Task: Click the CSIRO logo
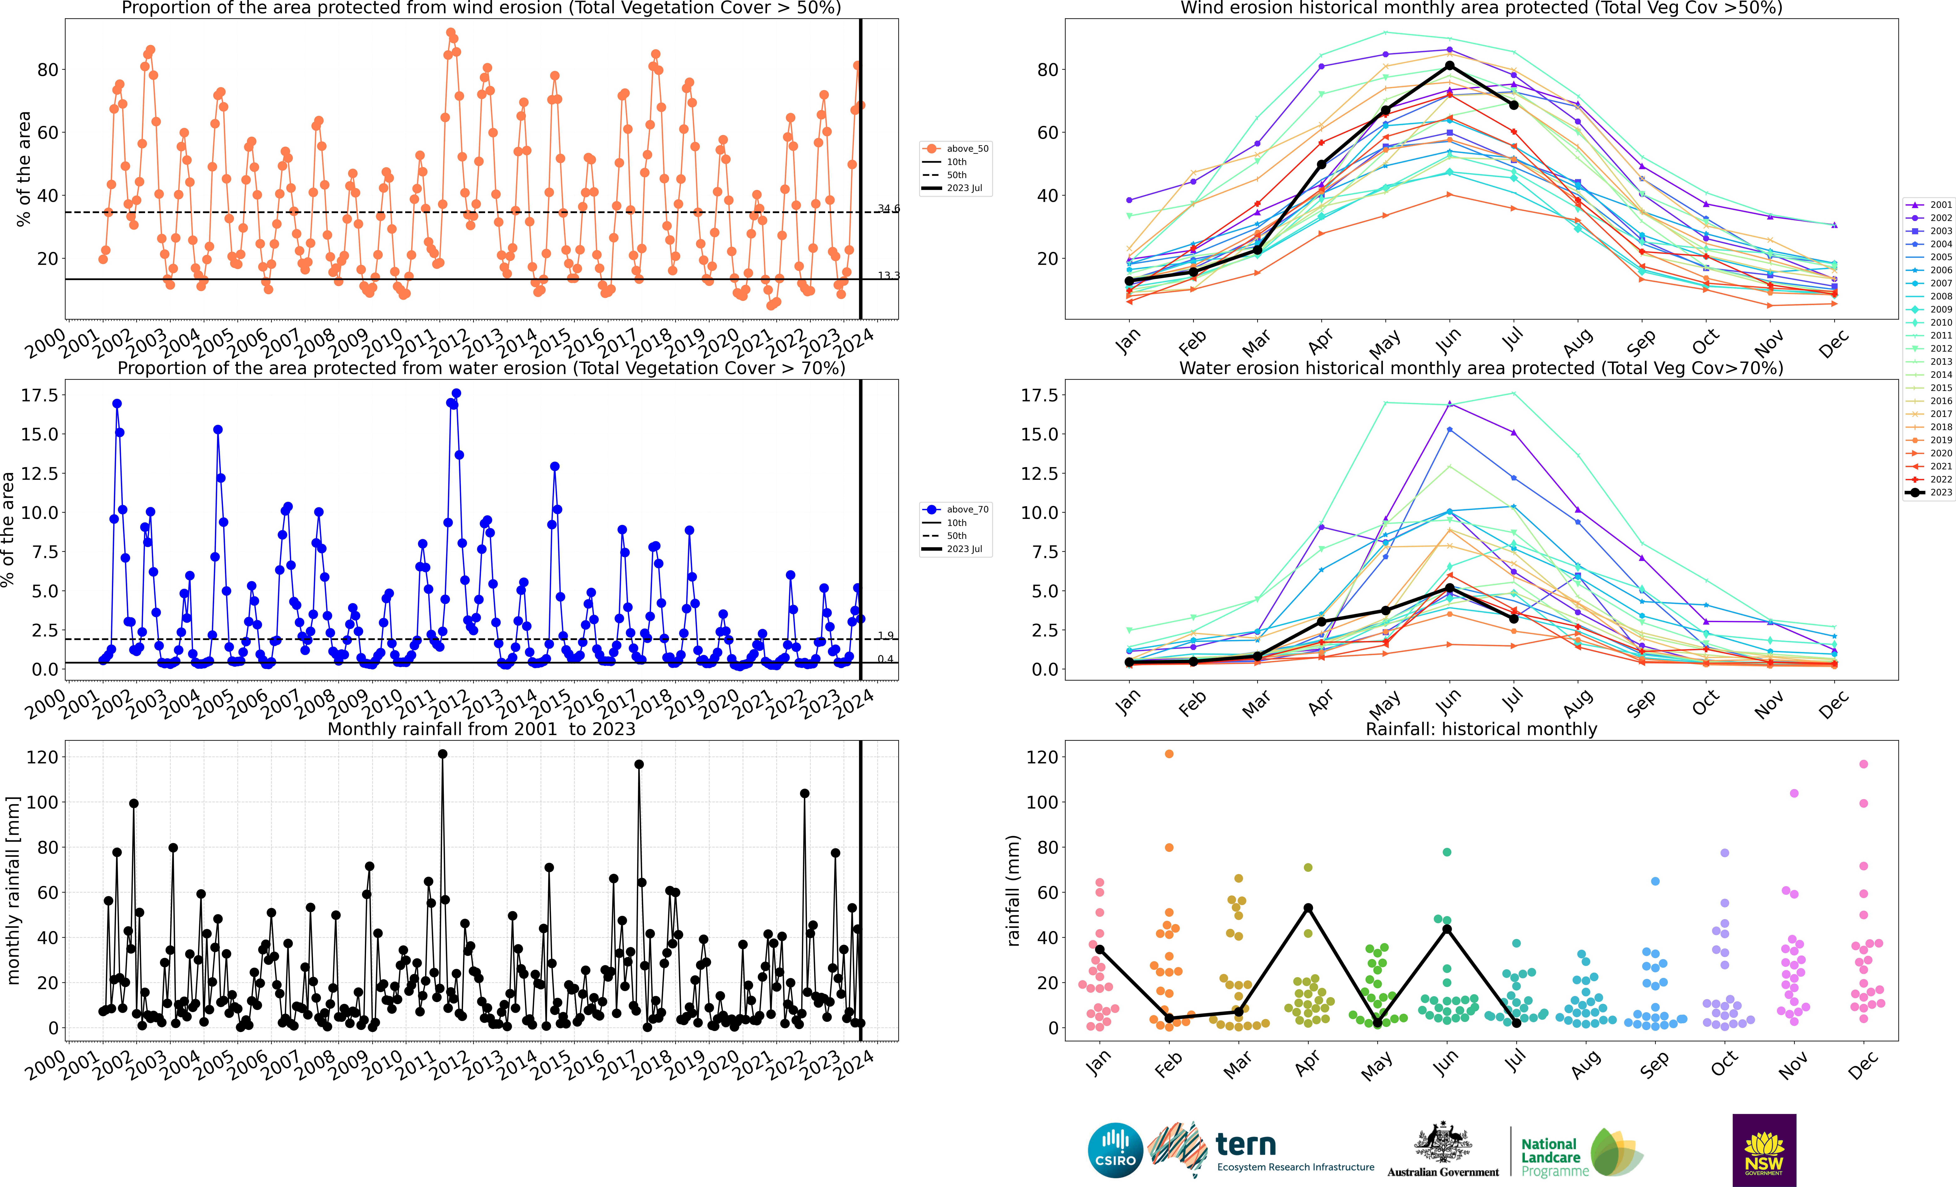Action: [1115, 1150]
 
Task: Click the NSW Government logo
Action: [1764, 1150]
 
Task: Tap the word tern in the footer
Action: [1246, 1144]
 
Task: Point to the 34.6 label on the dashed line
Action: [888, 209]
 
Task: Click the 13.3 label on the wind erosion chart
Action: [888, 275]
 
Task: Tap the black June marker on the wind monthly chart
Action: [1450, 65]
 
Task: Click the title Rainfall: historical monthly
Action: [1481, 729]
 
